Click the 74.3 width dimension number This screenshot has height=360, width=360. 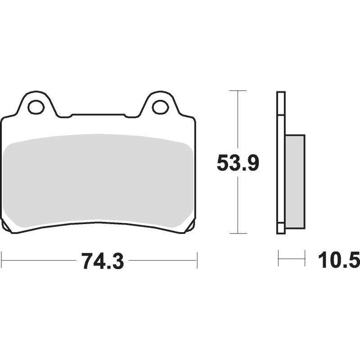(x=103, y=261)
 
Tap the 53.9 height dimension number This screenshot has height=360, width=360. (x=238, y=162)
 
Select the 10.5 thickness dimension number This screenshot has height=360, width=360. (x=339, y=260)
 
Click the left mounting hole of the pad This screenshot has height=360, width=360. (x=36, y=107)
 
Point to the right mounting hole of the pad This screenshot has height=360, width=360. (x=161, y=107)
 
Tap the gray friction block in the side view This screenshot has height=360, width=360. (x=295, y=182)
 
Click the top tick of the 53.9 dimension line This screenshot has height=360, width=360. (x=238, y=91)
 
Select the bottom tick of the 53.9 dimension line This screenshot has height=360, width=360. (x=238, y=234)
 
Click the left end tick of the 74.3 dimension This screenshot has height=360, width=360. (x=2, y=260)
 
